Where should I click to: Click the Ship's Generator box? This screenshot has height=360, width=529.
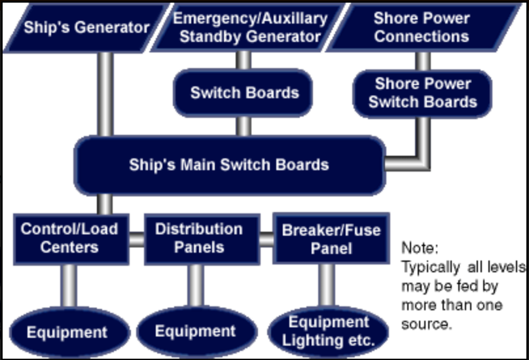(86, 28)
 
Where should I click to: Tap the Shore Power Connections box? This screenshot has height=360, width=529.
(422, 27)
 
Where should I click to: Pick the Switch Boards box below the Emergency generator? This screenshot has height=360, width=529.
(244, 93)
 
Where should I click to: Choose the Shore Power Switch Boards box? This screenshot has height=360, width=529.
(422, 93)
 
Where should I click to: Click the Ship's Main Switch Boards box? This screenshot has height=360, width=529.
(229, 164)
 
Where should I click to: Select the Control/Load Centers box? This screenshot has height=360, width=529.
(69, 238)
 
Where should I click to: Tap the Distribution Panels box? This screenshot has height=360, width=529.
(198, 238)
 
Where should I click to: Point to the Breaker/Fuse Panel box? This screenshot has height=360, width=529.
(331, 239)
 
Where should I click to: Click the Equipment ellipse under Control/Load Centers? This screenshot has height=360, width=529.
(67, 332)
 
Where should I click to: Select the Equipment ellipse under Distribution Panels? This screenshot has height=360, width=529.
(195, 331)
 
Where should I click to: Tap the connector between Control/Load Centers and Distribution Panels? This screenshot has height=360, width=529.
(136, 240)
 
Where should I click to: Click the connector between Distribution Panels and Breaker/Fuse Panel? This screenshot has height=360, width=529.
(266, 240)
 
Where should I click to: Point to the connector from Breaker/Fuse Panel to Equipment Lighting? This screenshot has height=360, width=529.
(326, 285)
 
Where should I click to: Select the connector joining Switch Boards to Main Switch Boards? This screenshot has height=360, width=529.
(244, 126)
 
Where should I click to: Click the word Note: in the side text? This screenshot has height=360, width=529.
(420, 249)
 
